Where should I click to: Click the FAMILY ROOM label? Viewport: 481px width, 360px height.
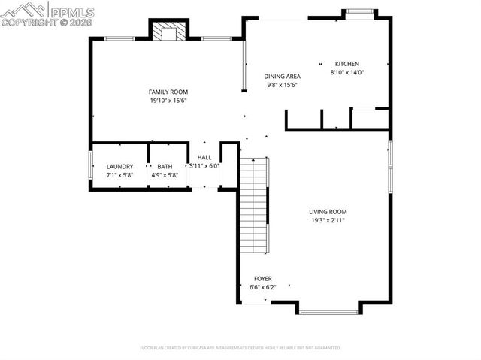[167, 92]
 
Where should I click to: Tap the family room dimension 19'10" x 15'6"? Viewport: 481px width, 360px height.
[167, 100]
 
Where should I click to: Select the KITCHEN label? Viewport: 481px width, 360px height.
[346, 64]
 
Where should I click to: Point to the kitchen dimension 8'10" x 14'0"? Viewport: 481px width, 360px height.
[346, 73]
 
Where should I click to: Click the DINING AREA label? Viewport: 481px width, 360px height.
[283, 77]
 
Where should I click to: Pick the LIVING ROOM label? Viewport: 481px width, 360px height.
[328, 212]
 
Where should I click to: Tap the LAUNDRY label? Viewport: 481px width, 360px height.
[119, 167]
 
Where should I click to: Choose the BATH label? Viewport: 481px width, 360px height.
[165, 167]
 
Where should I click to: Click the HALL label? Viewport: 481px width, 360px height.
[204, 157]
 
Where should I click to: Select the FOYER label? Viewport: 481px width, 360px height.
[262, 278]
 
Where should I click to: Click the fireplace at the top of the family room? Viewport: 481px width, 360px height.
[169, 32]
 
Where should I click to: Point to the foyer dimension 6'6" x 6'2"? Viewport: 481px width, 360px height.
[262, 287]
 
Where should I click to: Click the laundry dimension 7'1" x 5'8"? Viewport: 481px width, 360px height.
[119, 176]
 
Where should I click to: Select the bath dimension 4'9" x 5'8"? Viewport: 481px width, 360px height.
[165, 176]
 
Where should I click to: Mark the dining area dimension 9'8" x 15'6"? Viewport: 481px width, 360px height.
[283, 86]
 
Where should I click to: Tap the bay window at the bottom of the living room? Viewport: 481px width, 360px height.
[328, 311]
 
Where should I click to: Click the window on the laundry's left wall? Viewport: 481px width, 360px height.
[91, 165]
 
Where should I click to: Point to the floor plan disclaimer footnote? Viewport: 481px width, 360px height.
[240, 348]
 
